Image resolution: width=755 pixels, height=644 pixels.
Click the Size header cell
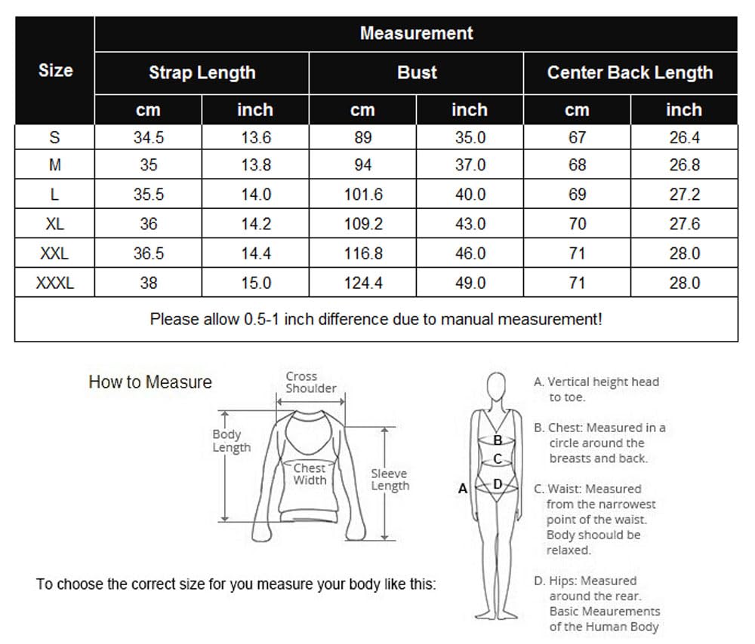pyautogui.click(x=55, y=70)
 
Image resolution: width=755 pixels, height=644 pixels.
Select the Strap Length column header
pyautogui.click(x=202, y=72)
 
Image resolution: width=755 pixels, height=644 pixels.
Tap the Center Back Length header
pyautogui.click(x=630, y=72)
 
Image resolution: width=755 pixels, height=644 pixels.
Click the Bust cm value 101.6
pyautogui.click(x=363, y=195)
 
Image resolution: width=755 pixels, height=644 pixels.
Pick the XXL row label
pyautogui.click(x=54, y=253)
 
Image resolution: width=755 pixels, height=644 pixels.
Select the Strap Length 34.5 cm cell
pyautogui.click(x=149, y=137)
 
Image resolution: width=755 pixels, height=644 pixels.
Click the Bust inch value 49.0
pyautogui.click(x=470, y=283)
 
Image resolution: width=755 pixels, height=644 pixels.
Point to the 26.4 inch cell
pyautogui.click(x=684, y=137)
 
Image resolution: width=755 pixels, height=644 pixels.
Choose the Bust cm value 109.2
pyautogui.click(x=363, y=224)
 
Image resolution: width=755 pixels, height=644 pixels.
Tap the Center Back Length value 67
pyautogui.click(x=577, y=137)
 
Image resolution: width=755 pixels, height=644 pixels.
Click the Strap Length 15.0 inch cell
pyautogui.click(x=256, y=283)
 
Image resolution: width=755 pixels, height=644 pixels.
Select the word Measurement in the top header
pyautogui.click(x=417, y=33)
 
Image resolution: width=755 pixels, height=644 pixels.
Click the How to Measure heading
pyautogui.click(x=150, y=382)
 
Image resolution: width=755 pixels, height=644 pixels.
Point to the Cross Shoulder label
pyautogui.click(x=311, y=382)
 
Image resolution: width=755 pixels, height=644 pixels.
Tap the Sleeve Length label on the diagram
pyautogui.click(x=390, y=480)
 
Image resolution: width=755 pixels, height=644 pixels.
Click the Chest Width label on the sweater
pyautogui.click(x=310, y=474)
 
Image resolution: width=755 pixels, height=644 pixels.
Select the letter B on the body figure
pyautogui.click(x=498, y=440)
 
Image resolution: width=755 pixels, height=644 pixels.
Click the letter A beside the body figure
pyautogui.click(x=463, y=489)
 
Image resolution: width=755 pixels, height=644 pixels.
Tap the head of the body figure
pyautogui.click(x=497, y=386)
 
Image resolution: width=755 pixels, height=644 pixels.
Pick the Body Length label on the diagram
pyautogui.click(x=232, y=440)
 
